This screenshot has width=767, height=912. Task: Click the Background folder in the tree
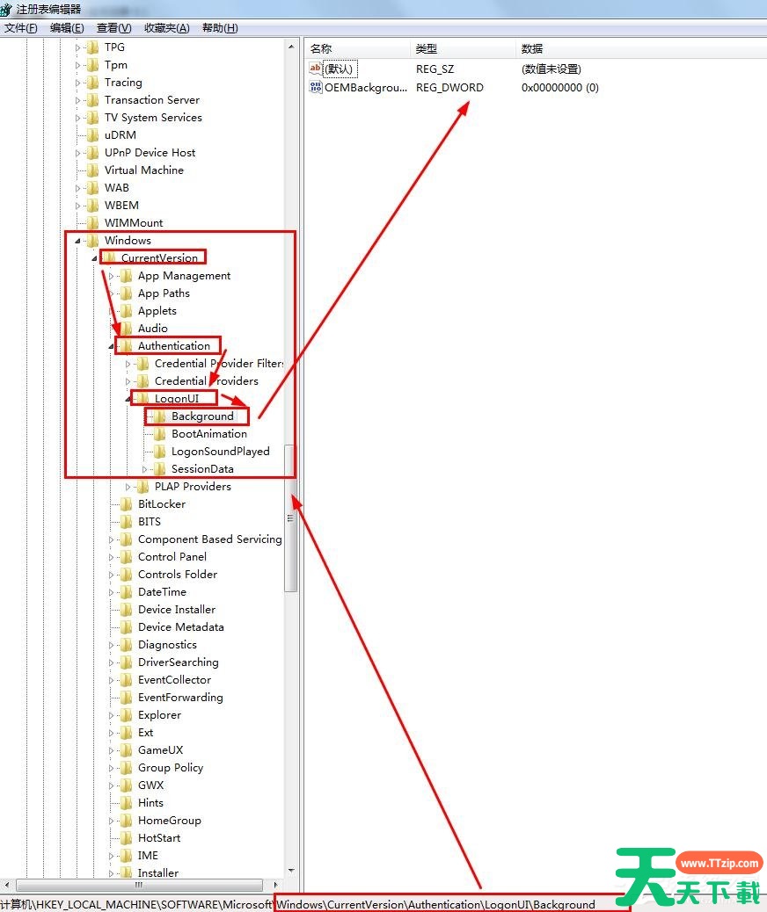click(x=202, y=416)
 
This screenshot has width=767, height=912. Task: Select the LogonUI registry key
click(x=177, y=399)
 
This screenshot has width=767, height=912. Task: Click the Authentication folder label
click(x=173, y=346)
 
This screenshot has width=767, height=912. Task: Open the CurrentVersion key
click(x=159, y=258)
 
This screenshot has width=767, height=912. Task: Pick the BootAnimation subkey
click(x=208, y=434)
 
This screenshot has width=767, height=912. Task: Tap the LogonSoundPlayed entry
click(x=220, y=452)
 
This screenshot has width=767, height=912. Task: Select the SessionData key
click(x=202, y=469)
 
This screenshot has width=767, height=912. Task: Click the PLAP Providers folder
click(x=193, y=487)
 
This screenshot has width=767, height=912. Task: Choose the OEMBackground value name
click(x=365, y=88)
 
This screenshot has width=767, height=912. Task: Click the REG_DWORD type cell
click(x=449, y=88)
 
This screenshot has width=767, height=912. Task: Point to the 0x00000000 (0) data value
click(x=559, y=88)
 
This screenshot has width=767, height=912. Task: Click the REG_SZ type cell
click(x=435, y=69)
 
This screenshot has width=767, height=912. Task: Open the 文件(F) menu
click(x=21, y=28)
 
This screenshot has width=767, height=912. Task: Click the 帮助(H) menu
click(x=220, y=28)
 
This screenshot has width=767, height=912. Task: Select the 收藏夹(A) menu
click(x=166, y=28)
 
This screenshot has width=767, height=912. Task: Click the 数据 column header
click(x=532, y=49)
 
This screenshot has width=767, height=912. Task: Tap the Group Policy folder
click(x=170, y=768)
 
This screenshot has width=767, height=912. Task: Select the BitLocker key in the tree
click(x=161, y=504)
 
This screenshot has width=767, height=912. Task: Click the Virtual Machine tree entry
click(x=143, y=170)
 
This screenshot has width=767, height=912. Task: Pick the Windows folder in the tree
click(x=128, y=241)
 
